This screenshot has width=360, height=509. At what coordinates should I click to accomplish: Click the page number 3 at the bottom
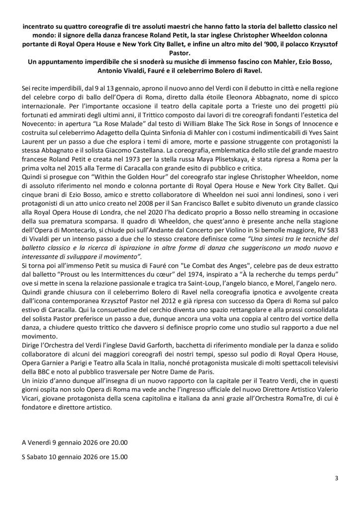[337, 479]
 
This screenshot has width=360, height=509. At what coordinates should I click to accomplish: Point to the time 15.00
[117, 456]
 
